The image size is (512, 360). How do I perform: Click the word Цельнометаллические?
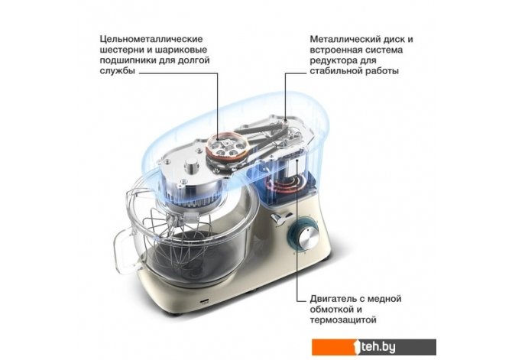[x=151, y=39]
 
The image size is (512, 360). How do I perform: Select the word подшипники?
[x=126, y=60]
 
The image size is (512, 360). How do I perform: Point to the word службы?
[x=117, y=71]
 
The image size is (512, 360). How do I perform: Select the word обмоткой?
[x=332, y=310]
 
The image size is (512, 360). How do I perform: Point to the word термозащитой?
[x=343, y=319]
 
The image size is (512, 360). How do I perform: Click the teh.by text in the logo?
[x=378, y=347]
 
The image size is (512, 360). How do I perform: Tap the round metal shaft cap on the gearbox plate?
[x=191, y=166]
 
